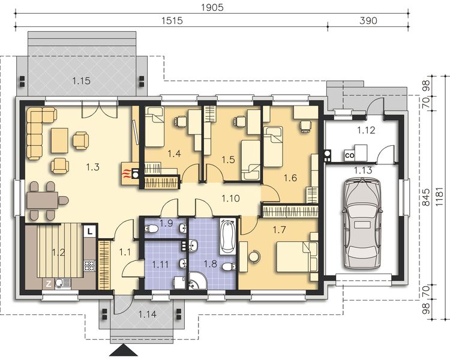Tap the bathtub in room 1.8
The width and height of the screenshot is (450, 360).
tap(227, 236)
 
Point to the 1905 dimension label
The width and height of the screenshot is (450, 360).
tap(212, 7)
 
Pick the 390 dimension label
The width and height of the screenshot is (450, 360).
tap(368, 20)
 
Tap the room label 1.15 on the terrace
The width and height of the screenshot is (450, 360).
tap(81, 81)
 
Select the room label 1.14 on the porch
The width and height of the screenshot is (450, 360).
tap(148, 314)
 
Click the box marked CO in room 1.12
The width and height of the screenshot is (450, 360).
tap(350, 155)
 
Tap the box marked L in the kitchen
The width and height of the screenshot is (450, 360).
tap(90, 232)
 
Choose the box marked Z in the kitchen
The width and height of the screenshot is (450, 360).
tap(49, 284)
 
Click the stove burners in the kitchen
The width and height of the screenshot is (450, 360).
tap(89, 265)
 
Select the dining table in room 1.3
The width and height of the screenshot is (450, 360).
tap(43, 200)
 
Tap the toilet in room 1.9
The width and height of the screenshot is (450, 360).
tap(151, 229)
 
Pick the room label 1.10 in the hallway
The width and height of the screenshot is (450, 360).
tap(231, 199)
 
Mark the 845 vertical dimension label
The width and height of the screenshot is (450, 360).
tap(426, 197)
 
